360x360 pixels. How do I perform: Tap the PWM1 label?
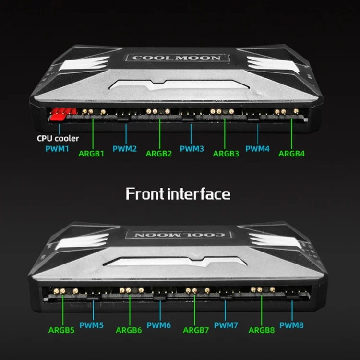coord(57,149)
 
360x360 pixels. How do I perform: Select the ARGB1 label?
coord(91,154)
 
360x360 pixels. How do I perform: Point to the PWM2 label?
coord(125,149)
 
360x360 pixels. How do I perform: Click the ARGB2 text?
coord(159,154)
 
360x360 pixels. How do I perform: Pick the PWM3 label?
coord(192,149)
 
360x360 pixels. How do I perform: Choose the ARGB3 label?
coord(226,154)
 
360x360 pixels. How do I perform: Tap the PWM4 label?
coord(257,149)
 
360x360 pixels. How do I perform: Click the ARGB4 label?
coord(291,154)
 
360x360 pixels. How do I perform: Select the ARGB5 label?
coord(61,330)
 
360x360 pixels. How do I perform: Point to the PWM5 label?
coord(91,325)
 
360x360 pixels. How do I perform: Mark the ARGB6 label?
coord(129,330)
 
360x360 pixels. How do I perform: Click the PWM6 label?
coord(159,325)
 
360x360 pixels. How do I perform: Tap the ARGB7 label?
coord(196,330)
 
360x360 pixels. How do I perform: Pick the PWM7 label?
coord(226,325)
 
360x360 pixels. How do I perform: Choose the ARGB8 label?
coord(262,330)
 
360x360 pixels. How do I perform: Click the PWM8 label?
coord(291,325)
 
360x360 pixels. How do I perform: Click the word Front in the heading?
coord(144,194)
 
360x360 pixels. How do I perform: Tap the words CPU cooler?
coord(58,138)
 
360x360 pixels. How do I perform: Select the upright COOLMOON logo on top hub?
coord(177,58)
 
